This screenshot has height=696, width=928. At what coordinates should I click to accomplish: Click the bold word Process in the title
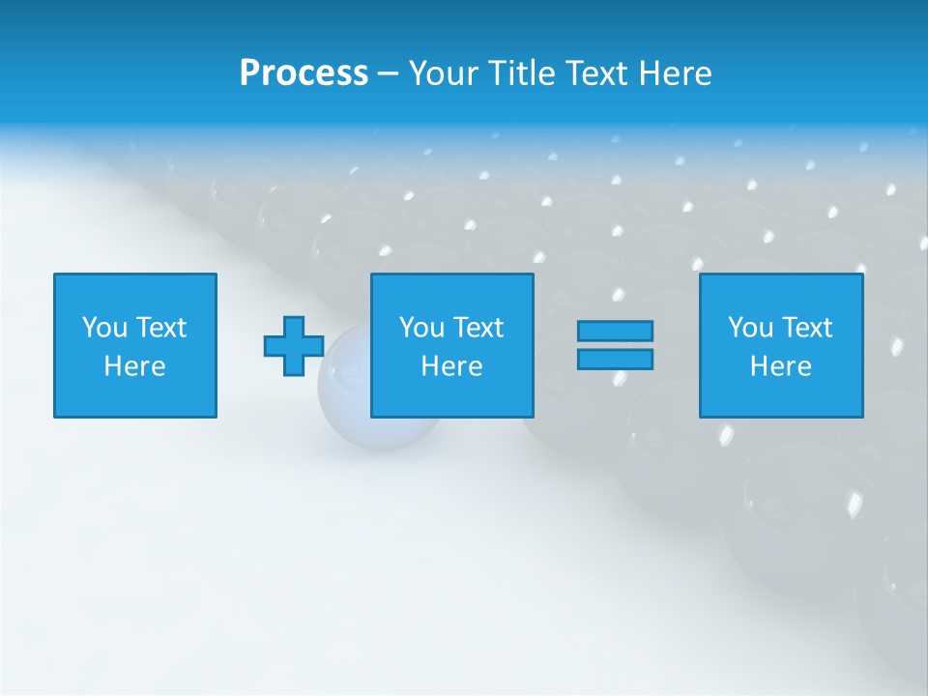[304, 73]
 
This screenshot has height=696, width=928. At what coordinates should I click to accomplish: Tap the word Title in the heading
[522, 73]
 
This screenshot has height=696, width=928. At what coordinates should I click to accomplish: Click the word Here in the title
[675, 73]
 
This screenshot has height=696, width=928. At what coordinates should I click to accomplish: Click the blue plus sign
[294, 346]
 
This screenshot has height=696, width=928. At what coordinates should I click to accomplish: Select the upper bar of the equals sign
[615, 331]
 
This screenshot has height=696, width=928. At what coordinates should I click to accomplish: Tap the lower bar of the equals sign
[615, 359]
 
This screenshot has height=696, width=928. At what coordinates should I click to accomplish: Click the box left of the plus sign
[135, 345]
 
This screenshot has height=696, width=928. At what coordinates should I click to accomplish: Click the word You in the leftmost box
[104, 328]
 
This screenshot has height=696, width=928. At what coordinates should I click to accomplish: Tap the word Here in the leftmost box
[135, 366]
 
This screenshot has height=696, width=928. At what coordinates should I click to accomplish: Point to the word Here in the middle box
[452, 366]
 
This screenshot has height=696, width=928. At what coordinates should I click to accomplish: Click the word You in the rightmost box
[750, 328]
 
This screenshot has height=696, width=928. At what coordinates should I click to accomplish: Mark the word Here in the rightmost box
[781, 366]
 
